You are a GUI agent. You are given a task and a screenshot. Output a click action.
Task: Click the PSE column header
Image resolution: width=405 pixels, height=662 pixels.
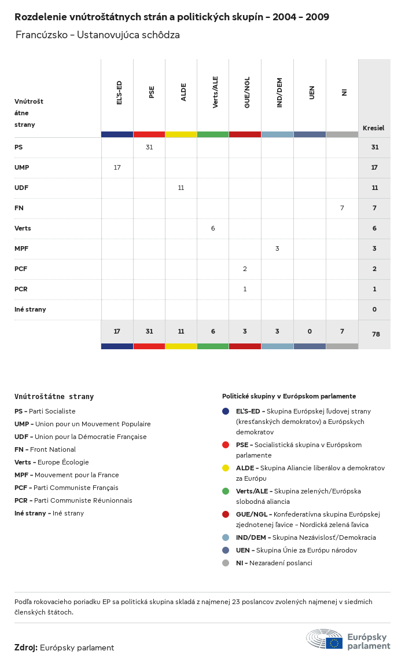(x=152, y=92)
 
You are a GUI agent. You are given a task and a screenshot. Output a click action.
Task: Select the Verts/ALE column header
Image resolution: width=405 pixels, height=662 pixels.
(x=215, y=92)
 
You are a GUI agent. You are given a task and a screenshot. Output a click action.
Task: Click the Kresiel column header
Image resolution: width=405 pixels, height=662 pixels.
(x=373, y=128)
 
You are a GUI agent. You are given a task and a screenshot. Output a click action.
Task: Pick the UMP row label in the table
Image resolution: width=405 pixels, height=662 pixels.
(x=22, y=167)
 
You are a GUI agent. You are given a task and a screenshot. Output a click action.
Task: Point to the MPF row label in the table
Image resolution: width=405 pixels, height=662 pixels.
(x=21, y=248)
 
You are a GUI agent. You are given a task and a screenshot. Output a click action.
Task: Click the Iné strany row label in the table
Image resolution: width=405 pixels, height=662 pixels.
(x=30, y=309)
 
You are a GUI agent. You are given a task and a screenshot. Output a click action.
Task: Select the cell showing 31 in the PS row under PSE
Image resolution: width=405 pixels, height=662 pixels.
(x=149, y=147)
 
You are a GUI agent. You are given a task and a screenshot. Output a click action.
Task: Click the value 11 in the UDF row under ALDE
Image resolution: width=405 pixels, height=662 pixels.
(x=181, y=188)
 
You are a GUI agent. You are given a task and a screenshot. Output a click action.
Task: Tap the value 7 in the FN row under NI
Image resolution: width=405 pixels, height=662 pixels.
(x=342, y=208)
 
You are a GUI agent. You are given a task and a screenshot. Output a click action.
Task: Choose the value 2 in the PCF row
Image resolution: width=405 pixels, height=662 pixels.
(x=245, y=269)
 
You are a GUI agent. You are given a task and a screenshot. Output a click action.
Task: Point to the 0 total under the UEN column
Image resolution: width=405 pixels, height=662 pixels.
(x=310, y=331)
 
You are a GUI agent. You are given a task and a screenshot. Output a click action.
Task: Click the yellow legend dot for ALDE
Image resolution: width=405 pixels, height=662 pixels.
(x=226, y=468)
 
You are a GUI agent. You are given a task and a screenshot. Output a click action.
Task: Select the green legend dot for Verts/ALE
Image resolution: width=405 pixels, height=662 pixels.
(x=226, y=491)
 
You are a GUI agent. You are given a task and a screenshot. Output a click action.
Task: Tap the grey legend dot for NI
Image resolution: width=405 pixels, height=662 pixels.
(x=226, y=563)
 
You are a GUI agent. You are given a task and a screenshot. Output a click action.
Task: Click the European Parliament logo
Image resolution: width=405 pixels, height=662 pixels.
(x=348, y=639)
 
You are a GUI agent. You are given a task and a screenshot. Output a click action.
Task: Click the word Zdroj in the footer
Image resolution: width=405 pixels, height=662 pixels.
(x=26, y=648)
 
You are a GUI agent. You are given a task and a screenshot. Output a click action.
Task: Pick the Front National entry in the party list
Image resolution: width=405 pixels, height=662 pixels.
(x=45, y=449)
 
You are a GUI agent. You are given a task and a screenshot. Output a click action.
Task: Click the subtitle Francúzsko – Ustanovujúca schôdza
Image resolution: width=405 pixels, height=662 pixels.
(x=98, y=35)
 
